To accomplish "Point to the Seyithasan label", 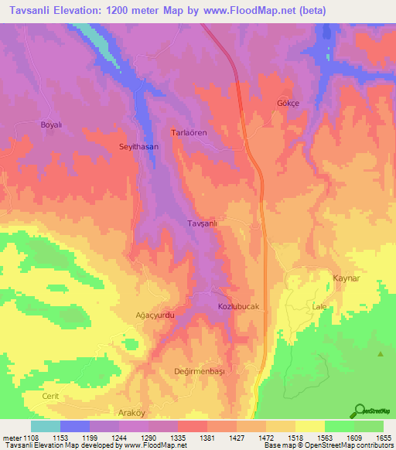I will (x=138, y=146).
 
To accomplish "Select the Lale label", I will (x=319, y=307).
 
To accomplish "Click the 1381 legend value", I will (x=207, y=438).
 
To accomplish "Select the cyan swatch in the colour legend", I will (x=46, y=426).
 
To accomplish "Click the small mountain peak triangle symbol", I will (x=381, y=354).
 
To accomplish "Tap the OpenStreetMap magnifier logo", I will (x=359, y=411).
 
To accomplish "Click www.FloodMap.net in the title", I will (x=240, y=11).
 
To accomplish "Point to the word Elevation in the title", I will (x=83, y=11).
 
